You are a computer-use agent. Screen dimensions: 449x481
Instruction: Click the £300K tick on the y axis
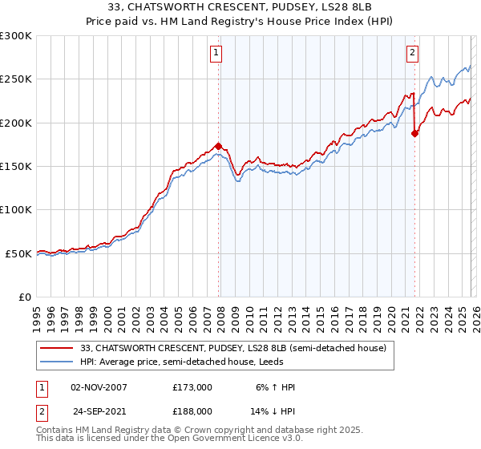(x=16, y=36)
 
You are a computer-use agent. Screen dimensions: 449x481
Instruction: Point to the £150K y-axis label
(x=16, y=166)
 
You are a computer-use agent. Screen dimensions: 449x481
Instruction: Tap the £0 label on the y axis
(x=25, y=297)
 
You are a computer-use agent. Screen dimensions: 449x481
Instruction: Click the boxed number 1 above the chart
(x=216, y=54)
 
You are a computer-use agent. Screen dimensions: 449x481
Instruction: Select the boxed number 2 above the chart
(x=412, y=54)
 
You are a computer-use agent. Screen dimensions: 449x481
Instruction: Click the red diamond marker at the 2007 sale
(x=218, y=146)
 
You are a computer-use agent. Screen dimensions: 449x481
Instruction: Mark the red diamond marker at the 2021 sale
(x=414, y=134)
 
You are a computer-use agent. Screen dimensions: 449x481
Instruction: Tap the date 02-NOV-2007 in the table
(x=99, y=387)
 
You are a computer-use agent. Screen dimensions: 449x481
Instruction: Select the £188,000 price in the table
(x=192, y=411)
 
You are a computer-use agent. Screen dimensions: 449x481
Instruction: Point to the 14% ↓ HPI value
(x=273, y=411)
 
